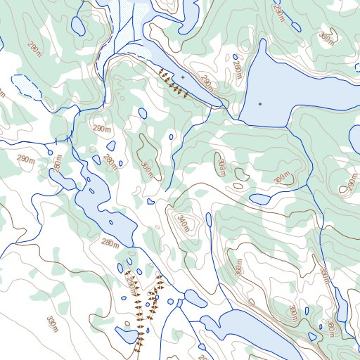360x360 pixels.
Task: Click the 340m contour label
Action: [x=183, y=224]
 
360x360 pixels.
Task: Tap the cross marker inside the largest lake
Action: [x=260, y=104]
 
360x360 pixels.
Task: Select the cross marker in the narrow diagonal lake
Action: [x=182, y=77]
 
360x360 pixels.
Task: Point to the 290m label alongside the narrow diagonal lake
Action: [x=207, y=82]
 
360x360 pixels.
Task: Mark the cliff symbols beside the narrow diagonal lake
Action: [x=173, y=83]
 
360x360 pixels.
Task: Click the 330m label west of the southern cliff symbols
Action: [x=51, y=324]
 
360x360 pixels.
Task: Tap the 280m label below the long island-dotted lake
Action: [x=110, y=243]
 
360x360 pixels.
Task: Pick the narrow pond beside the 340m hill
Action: [x=209, y=220]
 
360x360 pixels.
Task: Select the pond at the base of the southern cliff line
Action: [x=129, y=334]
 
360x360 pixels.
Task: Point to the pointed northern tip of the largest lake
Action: [x=263, y=41]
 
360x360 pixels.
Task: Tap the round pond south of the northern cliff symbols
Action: [x=143, y=113]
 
